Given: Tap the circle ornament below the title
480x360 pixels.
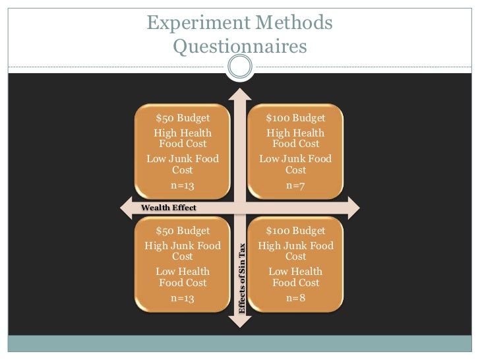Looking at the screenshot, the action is pos(239,66).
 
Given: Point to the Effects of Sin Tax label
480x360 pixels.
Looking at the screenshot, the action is pos(242,278).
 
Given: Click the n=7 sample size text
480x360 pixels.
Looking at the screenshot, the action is pos(295,186).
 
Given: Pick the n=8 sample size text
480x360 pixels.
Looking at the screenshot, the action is pos(295,299).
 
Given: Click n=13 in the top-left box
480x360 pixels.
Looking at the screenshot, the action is pos(183,186).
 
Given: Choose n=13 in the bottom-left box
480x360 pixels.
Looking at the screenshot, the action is pos(183,299).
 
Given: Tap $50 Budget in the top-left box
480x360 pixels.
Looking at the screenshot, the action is pos(183,118).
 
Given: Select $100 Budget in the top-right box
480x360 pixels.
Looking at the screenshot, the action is pos(295,118).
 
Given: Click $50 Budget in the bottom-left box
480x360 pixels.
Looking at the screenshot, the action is pos(183,231).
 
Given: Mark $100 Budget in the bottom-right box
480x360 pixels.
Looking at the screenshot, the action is pos(295,231).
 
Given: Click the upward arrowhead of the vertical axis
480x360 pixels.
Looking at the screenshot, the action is pos(239,93).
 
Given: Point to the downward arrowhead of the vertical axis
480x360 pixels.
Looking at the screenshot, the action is pos(239,322).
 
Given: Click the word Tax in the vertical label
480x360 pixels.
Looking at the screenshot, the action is pos(242,251).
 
